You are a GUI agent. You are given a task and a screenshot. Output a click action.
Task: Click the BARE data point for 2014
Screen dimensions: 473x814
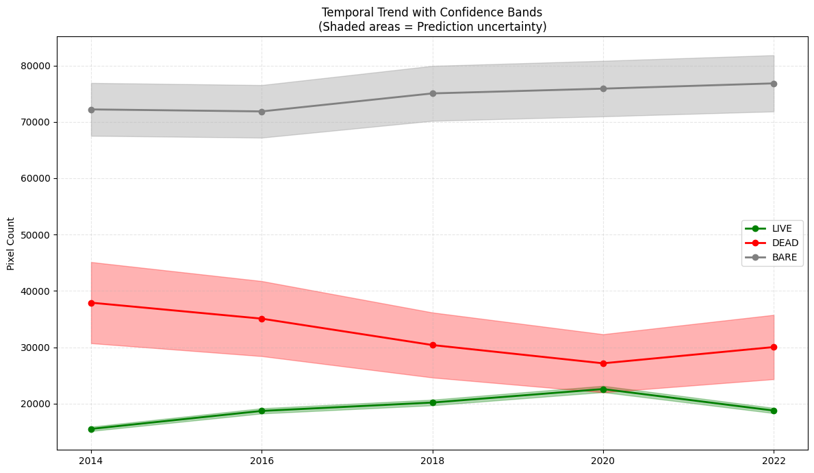coord(91,110)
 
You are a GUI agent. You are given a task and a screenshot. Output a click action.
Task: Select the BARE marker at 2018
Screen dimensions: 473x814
coord(433,93)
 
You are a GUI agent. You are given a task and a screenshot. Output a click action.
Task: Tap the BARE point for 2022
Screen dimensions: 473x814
coord(774,84)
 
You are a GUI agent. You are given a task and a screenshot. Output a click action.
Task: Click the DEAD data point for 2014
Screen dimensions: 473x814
coord(91,303)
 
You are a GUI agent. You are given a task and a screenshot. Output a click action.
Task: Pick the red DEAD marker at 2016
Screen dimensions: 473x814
coord(262,319)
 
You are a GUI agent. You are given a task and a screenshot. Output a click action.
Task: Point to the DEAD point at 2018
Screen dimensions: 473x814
coord(433,345)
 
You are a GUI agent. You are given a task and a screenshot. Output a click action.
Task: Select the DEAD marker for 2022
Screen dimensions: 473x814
coord(774,347)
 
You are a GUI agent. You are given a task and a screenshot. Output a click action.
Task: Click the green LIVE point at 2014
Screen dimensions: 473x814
coord(91,429)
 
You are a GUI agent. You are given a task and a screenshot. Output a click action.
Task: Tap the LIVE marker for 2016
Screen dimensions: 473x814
coord(262,411)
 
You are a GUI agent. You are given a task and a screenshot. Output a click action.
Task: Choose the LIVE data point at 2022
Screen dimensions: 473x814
coord(774,411)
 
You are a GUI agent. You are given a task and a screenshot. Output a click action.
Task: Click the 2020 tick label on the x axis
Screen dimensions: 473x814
coord(603,461)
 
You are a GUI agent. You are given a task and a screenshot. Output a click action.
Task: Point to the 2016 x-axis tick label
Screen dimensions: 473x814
coord(262,461)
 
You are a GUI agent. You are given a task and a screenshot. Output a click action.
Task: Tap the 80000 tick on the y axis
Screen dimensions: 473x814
coord(36,66)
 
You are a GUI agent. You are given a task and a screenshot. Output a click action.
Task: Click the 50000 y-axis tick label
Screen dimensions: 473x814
coord(36,235)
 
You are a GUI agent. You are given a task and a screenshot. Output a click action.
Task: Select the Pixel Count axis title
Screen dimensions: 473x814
coord(11,244)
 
